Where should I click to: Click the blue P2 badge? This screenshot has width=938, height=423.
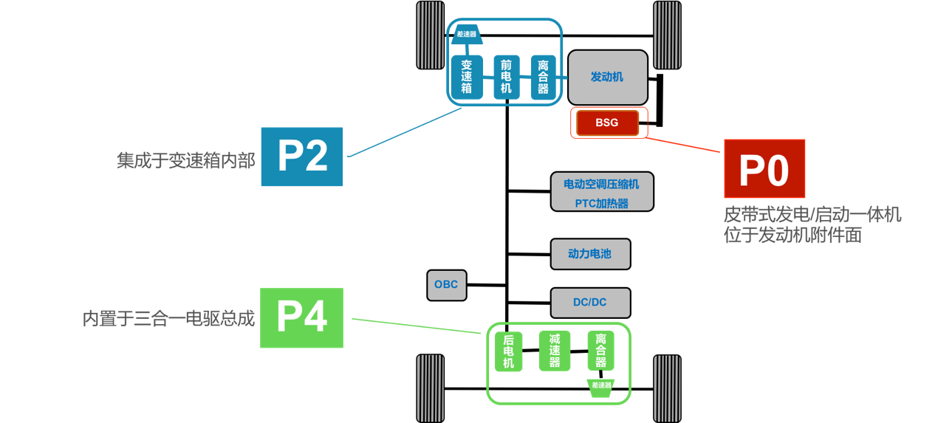[302, 157]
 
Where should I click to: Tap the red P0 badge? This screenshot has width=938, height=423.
[764, 168]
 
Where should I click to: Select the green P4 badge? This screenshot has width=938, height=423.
[302, 318]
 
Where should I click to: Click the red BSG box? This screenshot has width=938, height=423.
[606, 123]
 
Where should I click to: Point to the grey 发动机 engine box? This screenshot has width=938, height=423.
[607, 77]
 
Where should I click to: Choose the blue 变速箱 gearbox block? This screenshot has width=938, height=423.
[467, 78]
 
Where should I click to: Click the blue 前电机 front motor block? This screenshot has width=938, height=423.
[506, 78]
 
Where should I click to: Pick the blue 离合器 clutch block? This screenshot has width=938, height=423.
[544, 78]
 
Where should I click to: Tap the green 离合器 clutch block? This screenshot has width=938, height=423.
[601, 351]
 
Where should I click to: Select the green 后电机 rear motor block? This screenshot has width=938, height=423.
[508, 352]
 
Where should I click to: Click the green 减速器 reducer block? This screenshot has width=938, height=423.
[554, 351]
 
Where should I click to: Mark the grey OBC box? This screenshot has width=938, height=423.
[446, 285]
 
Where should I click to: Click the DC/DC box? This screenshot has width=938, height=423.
[590, 303]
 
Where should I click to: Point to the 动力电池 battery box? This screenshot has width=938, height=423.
[590, 254]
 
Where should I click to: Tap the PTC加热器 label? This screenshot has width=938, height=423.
[602, 203]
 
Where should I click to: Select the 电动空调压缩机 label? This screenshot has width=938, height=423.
[602, 184]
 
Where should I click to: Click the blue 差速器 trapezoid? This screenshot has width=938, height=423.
[467, 34]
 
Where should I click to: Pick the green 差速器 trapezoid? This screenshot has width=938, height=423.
[601, 385]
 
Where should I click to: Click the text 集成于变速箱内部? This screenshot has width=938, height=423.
[186, 160]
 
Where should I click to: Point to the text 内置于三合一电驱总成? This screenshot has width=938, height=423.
[168, 319]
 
